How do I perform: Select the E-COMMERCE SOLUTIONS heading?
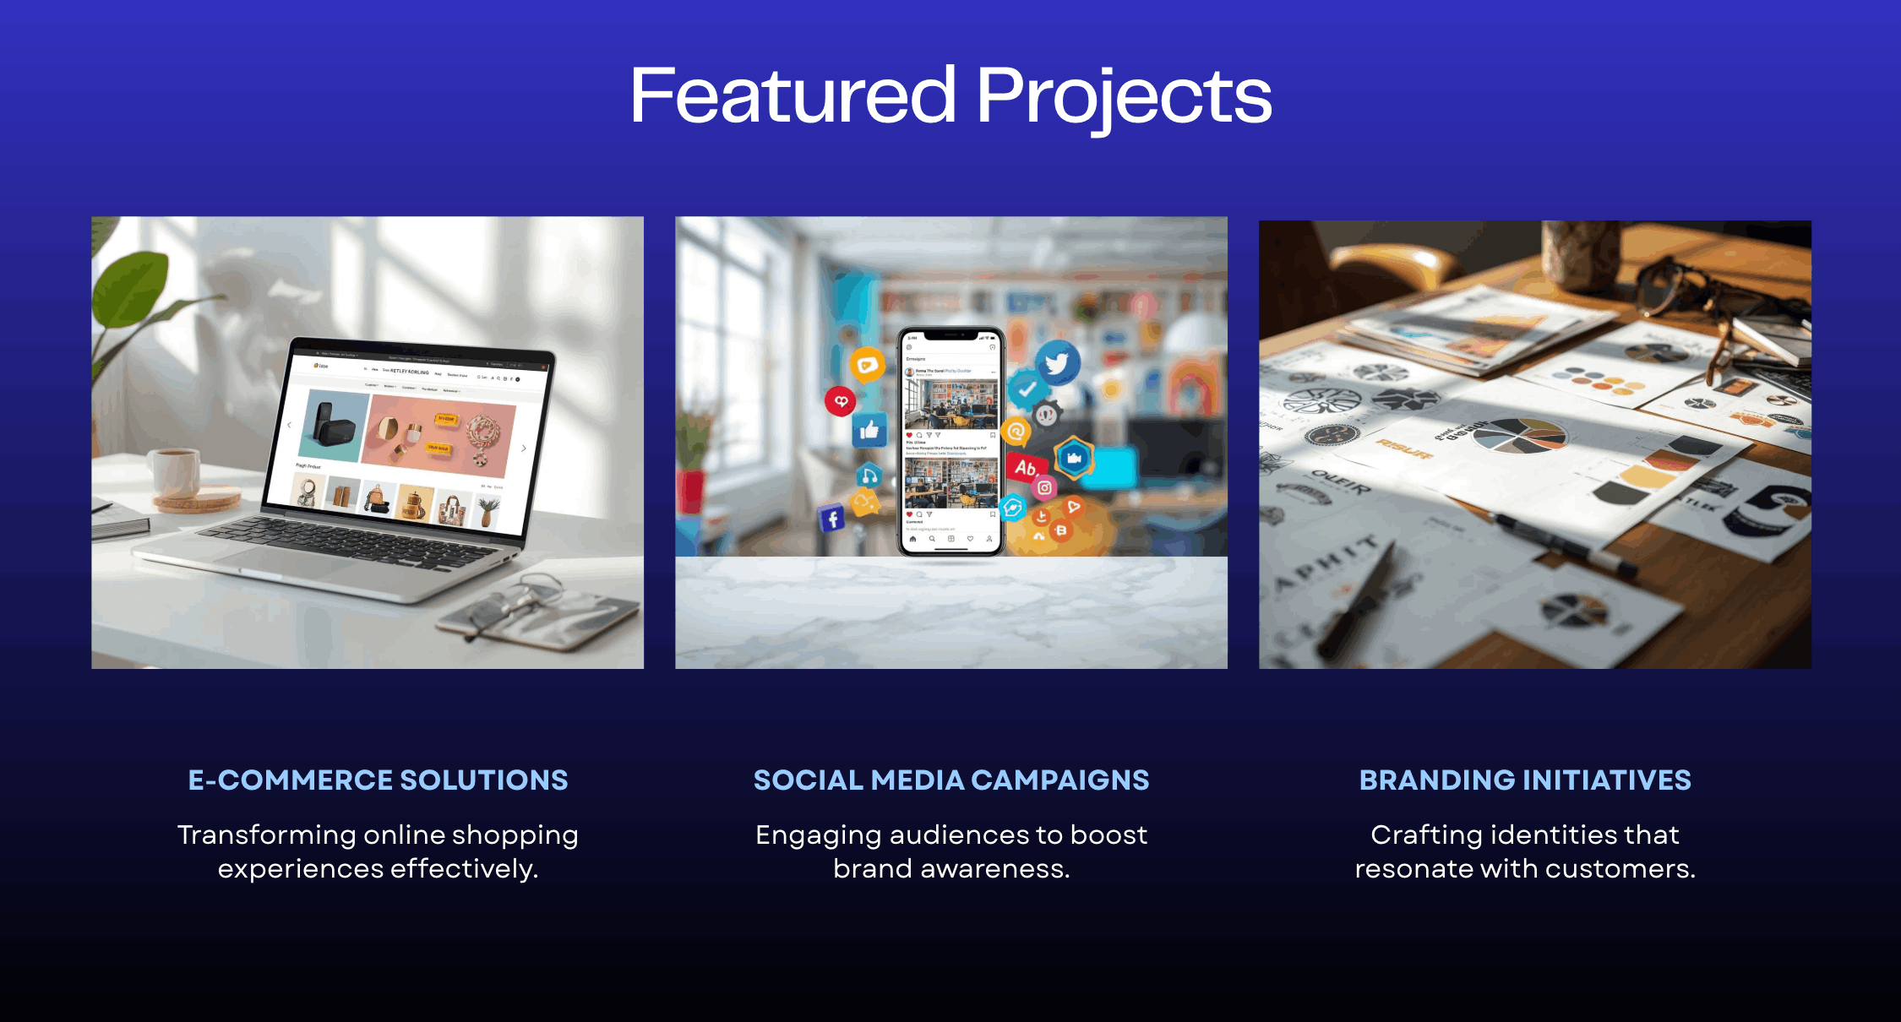pyautogui.click(x=378, y=780)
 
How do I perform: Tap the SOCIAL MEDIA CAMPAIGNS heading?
pyautogui.click(x=950, y=780)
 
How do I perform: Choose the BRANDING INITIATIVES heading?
pyautogui.click(x=1525, y=780)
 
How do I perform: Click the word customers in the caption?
pyautogui.click(x=1620, y=868)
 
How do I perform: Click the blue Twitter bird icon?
pyautogui.click(x=1057, y=363)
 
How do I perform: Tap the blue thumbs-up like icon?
pyautogui.click(x=869, y=431)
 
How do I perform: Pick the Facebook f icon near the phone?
pyautogui.click(x=832, y=518)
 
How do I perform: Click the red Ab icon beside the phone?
pyautogui.click(x=1025, y=467)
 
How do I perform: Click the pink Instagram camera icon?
pyautogui.click(x=1045, y=487)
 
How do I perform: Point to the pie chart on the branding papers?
pyautogui.click(x=1519, y=435)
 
